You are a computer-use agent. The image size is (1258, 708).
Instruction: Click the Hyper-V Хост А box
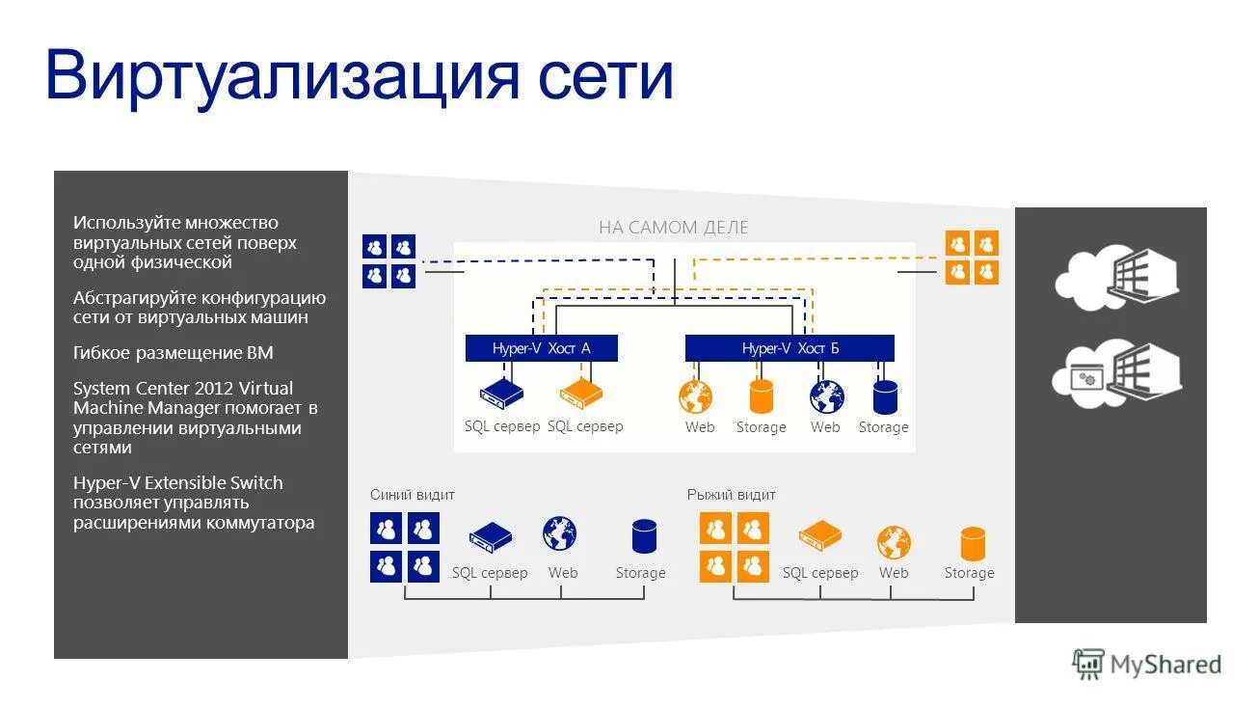[541, 348]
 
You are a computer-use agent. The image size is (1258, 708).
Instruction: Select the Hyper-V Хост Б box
[790, 348]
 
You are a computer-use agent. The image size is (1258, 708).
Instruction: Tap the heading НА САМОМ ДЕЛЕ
[673, 228]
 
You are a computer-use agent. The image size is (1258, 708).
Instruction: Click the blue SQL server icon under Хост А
[500, 394]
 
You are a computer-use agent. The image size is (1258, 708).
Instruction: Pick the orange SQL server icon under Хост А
[582, 394]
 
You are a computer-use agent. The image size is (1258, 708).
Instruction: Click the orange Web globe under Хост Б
[696, 396]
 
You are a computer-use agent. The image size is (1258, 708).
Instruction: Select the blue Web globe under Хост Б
[826, 396]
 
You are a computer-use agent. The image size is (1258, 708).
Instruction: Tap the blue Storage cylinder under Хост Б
[885, 396]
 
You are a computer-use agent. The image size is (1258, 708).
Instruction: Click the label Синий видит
[413, 495]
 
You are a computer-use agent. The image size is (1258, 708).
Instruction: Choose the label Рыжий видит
[731, 495]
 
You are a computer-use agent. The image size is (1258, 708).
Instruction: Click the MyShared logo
[1147, 664]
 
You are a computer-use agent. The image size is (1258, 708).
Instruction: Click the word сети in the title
[605, 76]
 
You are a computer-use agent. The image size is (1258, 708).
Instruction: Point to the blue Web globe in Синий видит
[560, 534]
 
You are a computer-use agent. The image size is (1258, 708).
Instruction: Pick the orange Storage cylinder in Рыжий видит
[973, 543]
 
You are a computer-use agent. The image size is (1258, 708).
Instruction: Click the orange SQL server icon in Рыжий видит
[819, 535]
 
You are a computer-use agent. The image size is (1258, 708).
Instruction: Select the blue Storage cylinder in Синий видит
[644, 536]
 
